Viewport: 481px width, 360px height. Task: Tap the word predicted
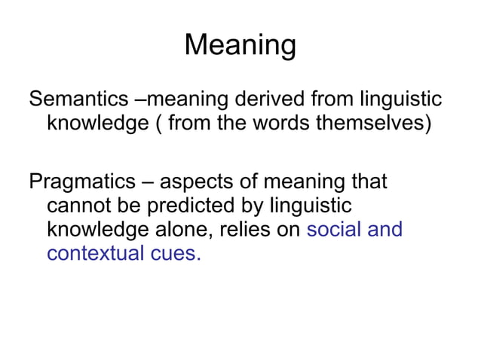[210, 206]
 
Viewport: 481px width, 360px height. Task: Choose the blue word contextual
[93, 253]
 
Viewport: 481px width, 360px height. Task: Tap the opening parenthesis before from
[161, 124]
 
